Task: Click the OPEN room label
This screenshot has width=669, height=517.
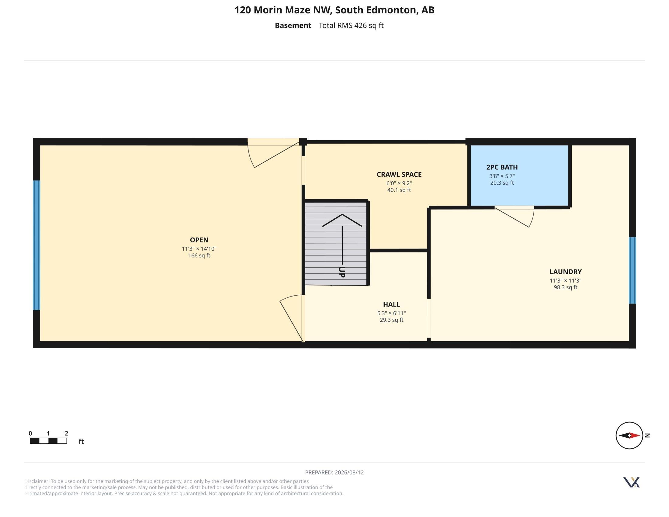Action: coord(199,240)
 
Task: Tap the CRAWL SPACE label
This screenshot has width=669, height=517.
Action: coord(399,175)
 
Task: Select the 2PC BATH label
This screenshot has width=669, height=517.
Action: coord(502,167)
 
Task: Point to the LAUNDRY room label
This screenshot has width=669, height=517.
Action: coord(566,272)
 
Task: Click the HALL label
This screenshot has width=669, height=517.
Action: coord(391,304)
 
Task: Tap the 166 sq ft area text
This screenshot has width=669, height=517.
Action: coord(199,256)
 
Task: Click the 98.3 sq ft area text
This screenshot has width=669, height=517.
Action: coord(566,287)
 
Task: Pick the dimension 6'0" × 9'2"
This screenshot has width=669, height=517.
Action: coord(399,183)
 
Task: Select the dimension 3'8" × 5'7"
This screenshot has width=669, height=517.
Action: coord(502,176)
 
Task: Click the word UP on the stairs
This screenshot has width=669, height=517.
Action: coord(342,272)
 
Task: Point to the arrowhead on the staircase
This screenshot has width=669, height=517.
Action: coord(342,220)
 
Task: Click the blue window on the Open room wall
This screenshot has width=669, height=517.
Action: coord(36,245)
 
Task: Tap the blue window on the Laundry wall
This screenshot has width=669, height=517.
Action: coord(632,270)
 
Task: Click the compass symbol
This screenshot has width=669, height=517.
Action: coord(629,435)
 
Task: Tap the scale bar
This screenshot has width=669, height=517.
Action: coord(48,441)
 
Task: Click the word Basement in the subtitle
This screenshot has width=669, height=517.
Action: coord(293,26)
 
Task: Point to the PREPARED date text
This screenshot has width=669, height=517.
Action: coord(334,472)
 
